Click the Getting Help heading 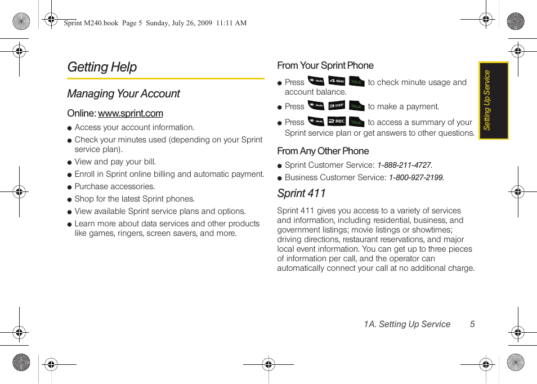[102, 67]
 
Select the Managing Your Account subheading [123, 93]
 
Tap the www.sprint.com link [130, 113]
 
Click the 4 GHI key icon [337, 82]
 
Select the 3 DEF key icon [337, 106]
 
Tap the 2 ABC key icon [337, 122]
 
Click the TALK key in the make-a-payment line [356, 106]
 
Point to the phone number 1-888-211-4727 [404, 166]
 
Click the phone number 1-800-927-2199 [415, 178]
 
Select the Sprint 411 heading [301, 193]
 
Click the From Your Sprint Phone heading [325, 65]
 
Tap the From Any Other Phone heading [323, 151]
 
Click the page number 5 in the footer [472, 324]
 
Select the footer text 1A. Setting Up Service [406, 324]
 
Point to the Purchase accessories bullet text [114, 186]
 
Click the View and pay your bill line [115, 162]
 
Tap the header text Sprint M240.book [91, 23]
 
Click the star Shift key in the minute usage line [316, 82]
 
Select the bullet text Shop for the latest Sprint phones [134, 199]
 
